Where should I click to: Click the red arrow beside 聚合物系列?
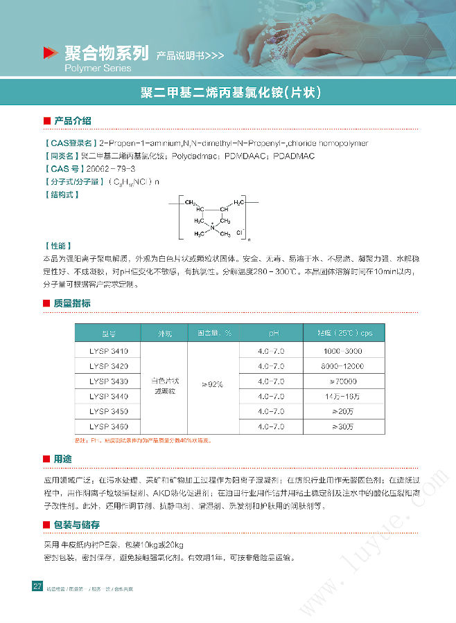(49, 53)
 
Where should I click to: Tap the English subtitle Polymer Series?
(97, 69)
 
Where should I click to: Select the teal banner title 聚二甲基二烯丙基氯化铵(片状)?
(228, 93)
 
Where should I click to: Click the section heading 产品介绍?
(72, 121)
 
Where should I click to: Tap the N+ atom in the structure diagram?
(212, 227)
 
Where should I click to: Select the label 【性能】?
(56, 246)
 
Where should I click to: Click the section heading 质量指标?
(72, 303)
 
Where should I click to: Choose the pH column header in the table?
(271, 333)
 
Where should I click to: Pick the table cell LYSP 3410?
(108, 351)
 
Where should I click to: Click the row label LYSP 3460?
(108, 426)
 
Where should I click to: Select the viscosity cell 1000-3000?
(343, 351)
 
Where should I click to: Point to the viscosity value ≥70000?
(343, 381)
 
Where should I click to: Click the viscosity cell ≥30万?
(343, 426)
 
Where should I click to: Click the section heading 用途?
(62, 459)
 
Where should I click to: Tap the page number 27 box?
(37, 587)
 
